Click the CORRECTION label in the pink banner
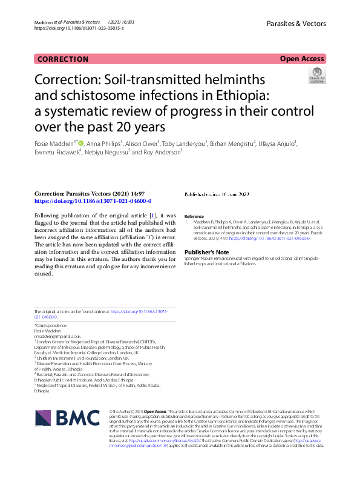pyautogui.click(x=62, y=59)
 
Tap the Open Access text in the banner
pyautogui.click(x=302, y=59)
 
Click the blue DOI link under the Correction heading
pyautogui.click(x=93, y=201)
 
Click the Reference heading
pyautogui.click(x=194, y=216)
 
